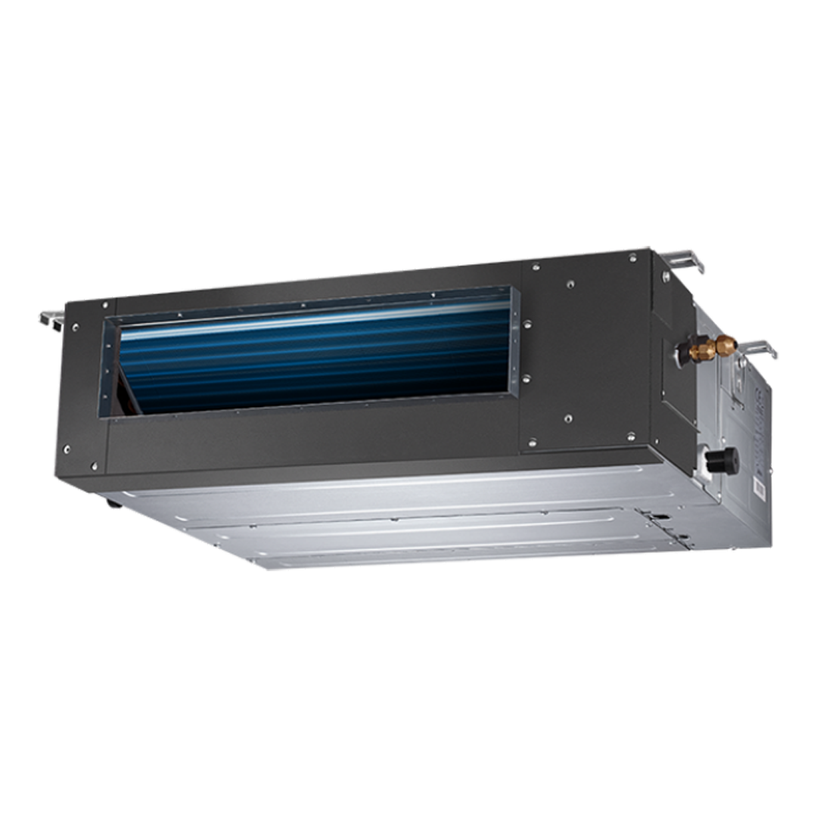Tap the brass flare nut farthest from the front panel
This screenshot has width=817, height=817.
tap(727, 344)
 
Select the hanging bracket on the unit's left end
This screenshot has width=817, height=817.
tap(52, 318)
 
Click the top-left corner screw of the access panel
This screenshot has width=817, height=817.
tap(536, 266)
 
